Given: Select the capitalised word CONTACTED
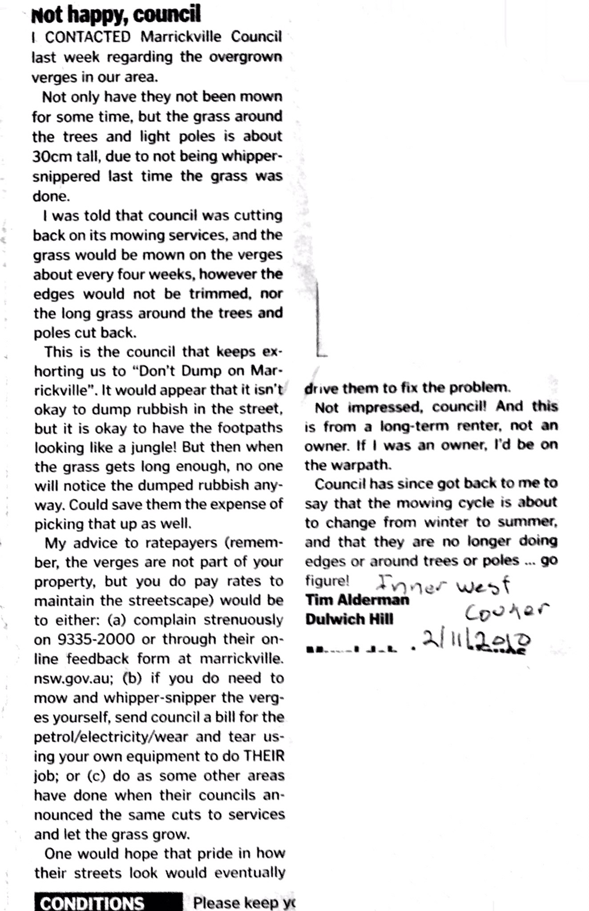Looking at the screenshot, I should [x=88, y=37].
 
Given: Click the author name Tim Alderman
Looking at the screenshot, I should [x=357, y=600].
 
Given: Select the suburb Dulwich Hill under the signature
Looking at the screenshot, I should [x=349, y=619].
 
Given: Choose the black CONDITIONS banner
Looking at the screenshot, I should [x=108, y=903].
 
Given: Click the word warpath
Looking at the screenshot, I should [x=363, y=465].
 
